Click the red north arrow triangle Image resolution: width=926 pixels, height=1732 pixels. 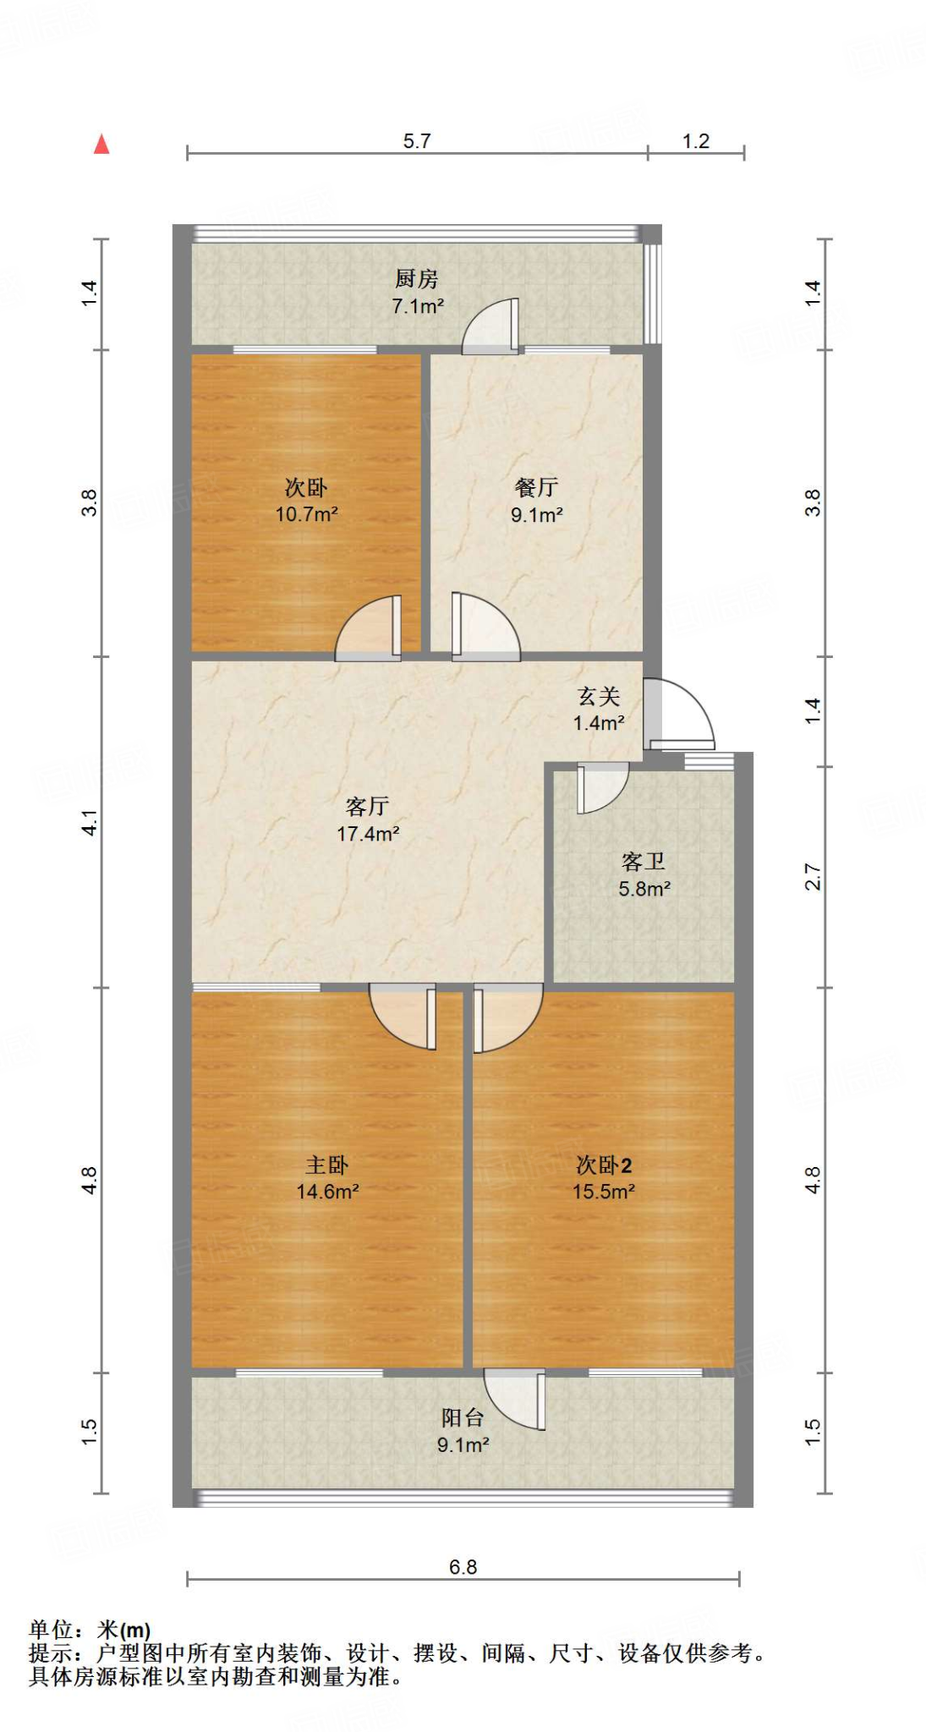(101, 145)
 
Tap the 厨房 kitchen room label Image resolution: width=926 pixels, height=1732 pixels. (416, 278)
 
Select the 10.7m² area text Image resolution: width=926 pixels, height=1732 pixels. (306, 513)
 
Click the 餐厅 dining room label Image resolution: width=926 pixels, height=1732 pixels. (536, 487)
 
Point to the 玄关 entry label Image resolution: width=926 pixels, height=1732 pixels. (599, 696)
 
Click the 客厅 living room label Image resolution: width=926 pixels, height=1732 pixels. (367, 806)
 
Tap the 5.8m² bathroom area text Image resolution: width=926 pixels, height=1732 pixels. (644, 889)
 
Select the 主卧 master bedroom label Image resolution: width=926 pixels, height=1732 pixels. (326, 1165)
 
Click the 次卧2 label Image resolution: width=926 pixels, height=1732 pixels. (603, 1165)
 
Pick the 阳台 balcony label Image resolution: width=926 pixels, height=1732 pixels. (463, 1418)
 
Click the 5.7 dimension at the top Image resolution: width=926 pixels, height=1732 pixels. (417, 141)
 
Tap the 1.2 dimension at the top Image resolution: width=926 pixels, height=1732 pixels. (696, 141)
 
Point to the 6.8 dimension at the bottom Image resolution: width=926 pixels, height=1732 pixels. (463, 1567)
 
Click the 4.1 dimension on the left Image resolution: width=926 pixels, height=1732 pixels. (90, 822)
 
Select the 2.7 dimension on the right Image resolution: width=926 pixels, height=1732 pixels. (813, 877)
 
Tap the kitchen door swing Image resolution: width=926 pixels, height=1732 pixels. (491, 326)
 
